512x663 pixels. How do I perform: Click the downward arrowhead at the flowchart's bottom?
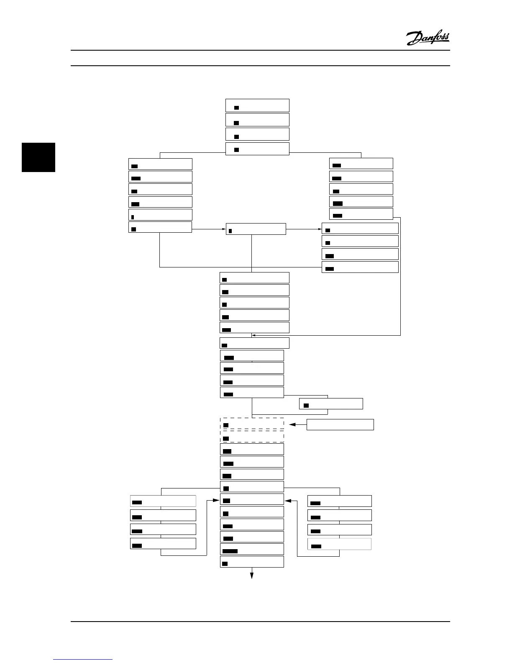click(252, 576)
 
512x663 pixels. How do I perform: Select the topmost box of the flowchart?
click(257, 105)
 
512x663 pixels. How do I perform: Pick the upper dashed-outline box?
click(252, 423)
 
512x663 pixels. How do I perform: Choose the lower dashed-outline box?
click(252, 436)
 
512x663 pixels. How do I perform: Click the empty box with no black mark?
click(340, 424)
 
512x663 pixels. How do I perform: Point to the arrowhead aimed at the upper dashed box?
click(292, 424)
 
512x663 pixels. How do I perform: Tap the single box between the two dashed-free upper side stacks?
click(256, 229)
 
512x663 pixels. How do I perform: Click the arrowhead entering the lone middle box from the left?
click(224, 229)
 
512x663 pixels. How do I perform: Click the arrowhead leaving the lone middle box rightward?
click(320, 229)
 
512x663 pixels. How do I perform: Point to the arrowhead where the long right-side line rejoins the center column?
click(254, 335)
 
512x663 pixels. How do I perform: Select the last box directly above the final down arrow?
click(252, 562)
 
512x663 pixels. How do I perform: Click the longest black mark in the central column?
click(230, 551)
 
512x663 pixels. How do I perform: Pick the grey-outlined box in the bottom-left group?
click(163, 501)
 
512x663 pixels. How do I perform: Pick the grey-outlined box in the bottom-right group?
click(339, 544)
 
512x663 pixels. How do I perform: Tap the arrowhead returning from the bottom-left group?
click(217, 499)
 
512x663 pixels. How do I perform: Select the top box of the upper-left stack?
click(160, 164)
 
